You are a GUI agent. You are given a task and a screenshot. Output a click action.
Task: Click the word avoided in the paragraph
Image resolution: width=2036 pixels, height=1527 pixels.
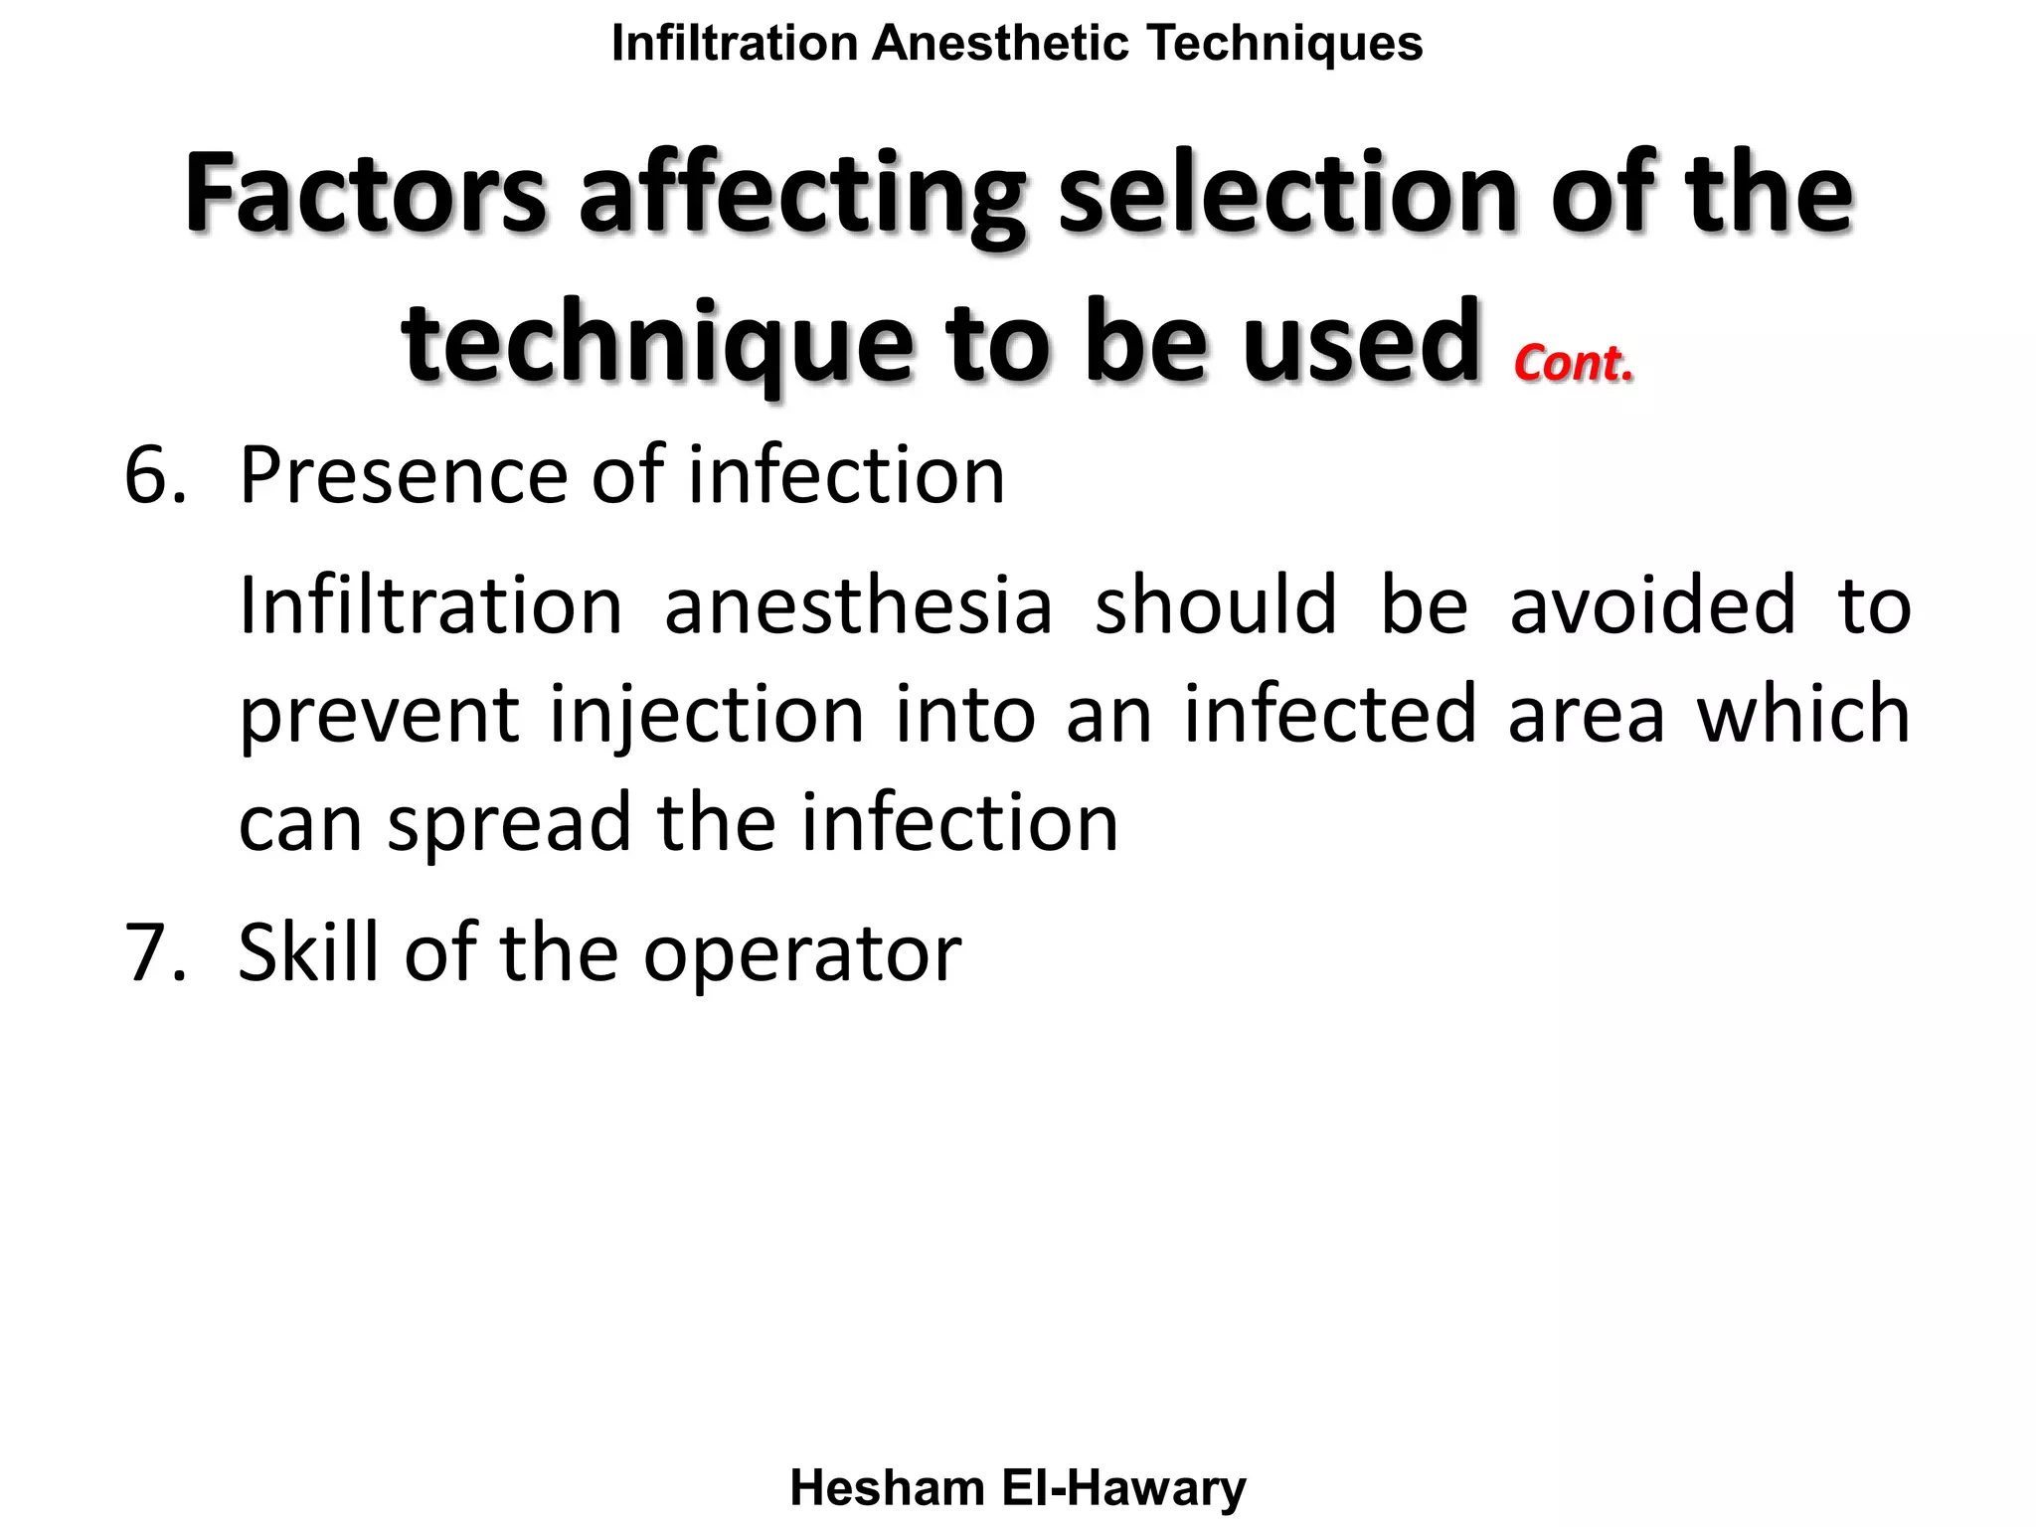[1652, 605]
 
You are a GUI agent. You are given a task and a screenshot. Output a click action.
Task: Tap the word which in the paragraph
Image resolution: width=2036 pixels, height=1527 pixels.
[1803, 714]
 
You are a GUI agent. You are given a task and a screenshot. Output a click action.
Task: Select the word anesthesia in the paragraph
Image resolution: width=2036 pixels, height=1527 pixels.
[858, 605]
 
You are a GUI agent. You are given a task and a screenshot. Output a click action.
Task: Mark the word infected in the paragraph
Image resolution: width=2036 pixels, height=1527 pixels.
[1330, 714]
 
